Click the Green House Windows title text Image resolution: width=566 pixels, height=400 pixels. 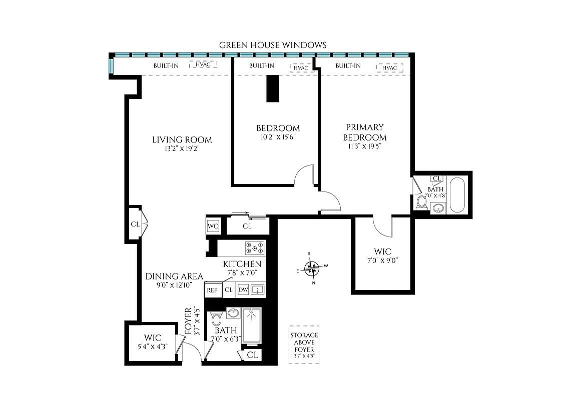pyautogui.click(x=273, y=45)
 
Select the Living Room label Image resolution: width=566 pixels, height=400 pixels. pyautogui.click(x=182, y=140)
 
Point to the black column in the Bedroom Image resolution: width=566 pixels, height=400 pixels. pyautogui.click(x=273, y=88)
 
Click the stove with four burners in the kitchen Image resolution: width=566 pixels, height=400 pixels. pyautogui.click(x=254, y=248)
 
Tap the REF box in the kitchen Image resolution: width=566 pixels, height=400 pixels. pyautogui.click(x=211, y=289)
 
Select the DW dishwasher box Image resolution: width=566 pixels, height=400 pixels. pyautogui.click(x=243, y=289)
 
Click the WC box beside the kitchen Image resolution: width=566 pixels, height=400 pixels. pyautogui.click(x=213, y=226)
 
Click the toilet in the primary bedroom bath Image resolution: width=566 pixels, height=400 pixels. pyautogui.click(x=422, y=202)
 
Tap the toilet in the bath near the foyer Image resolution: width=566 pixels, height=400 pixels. pyautogui.click(x=217, y=318)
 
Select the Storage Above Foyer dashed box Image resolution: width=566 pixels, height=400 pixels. pyautogui.click(x=304, y=344)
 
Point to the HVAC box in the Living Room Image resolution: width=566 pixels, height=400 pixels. pyautogui.click(x=203, y=65)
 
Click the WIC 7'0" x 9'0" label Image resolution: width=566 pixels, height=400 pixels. pyautogui.click(x=382, y=255)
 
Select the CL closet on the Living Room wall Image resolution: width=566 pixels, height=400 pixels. pyautogui.click(x=135, y=224)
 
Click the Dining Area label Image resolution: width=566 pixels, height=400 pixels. pyautogui.click(x=174, y=276)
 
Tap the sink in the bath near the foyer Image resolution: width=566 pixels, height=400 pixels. pyautogui.click(x=232, y=313)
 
